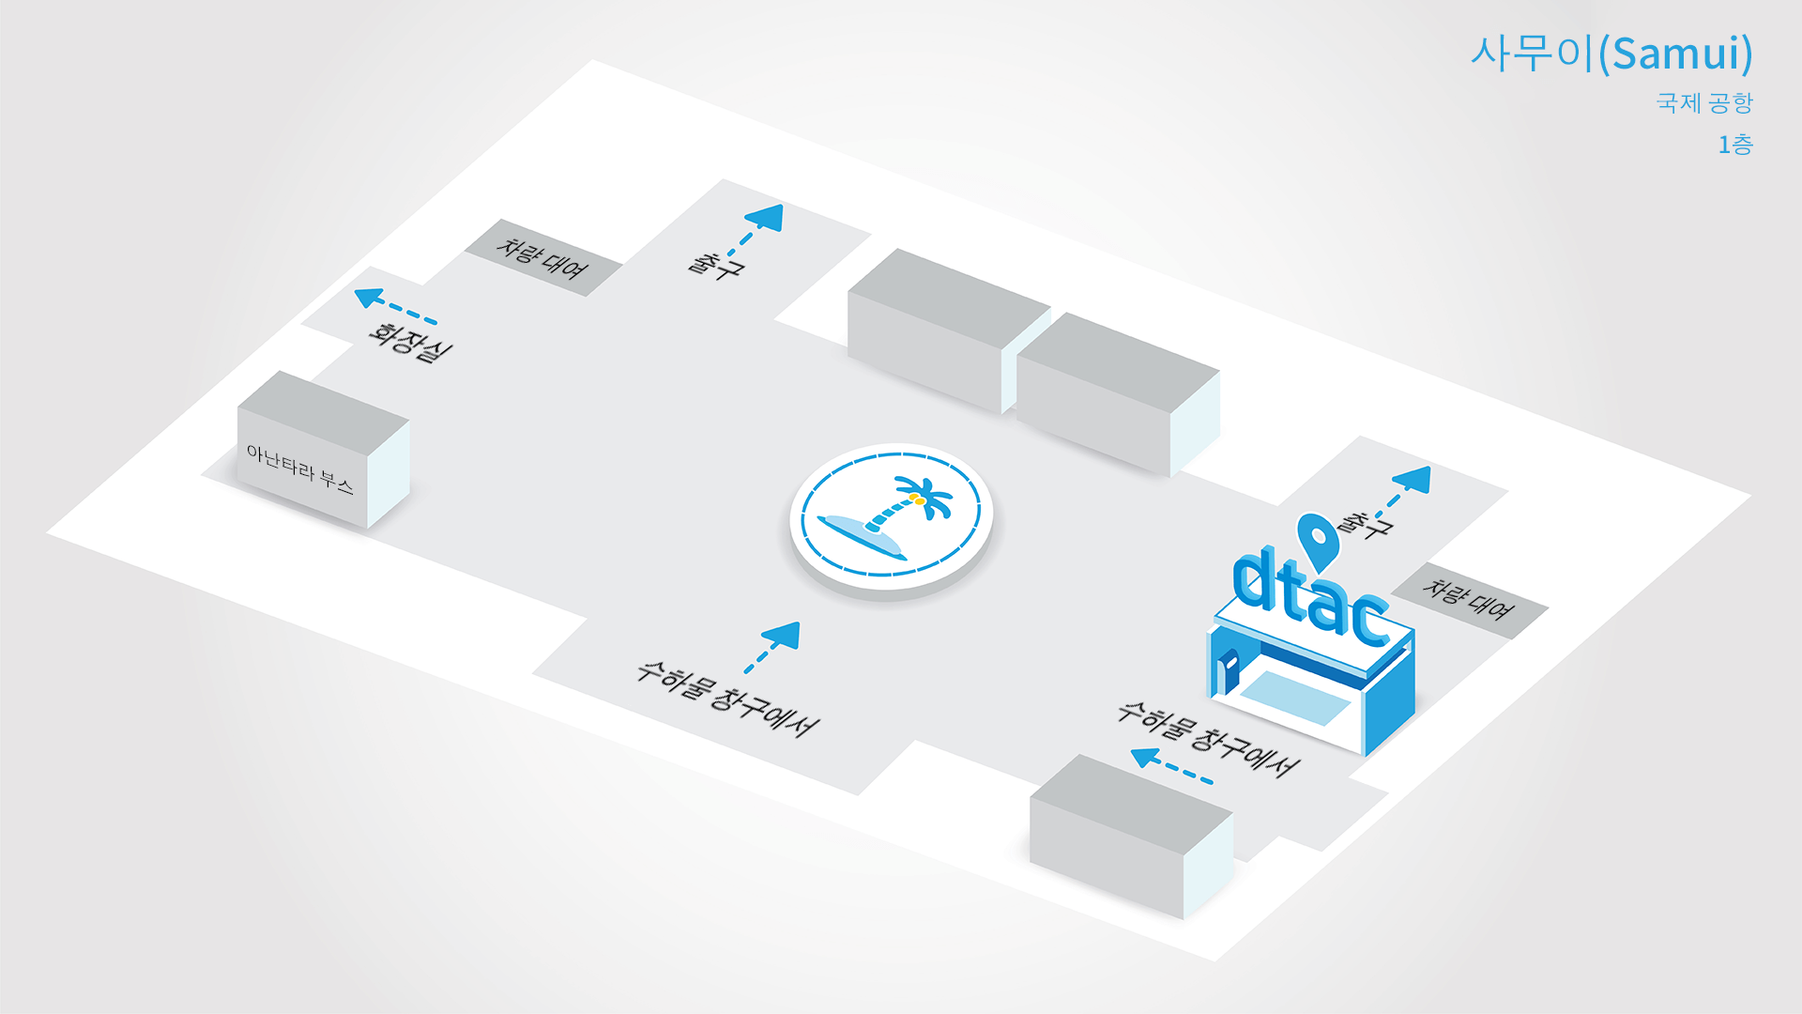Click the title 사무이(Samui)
click(1611, 54)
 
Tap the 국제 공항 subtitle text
click(1704, 102)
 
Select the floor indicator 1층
click(1735, 145)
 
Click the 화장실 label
click(410, 342)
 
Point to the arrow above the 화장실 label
click(395, 306)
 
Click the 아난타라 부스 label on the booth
click(299, 469)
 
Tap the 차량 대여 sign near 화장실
click(542, 258)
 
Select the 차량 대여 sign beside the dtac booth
click(1469, 600)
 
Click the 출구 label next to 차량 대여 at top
click(716, 264)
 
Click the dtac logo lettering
click(1310, 598)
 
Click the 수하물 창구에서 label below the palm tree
click(727, 699)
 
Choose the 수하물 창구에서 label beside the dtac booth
click(1208, 739)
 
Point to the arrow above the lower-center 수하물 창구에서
click(772, 647)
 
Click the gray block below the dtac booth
click(1131, 837)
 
